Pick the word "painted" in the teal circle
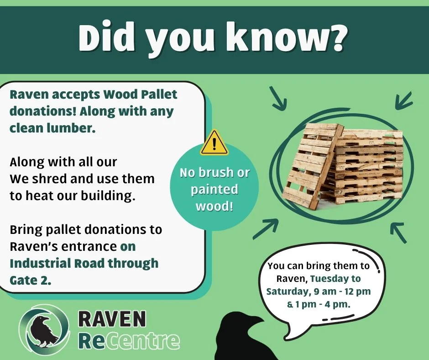[x=214, y=189]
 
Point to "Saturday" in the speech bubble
[x=286, y=291]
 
